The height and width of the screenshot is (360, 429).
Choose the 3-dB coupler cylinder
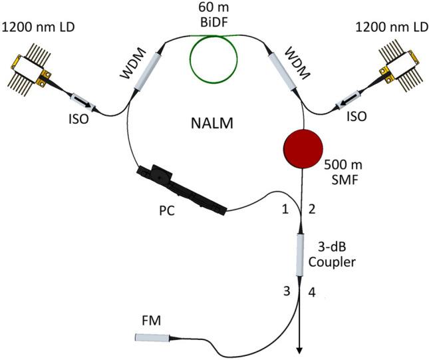tap(299, 254)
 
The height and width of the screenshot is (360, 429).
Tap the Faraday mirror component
tap(152, 338)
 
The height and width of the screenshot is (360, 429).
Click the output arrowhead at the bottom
tap(300, 350)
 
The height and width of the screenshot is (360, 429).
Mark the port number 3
tap(286, 291)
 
